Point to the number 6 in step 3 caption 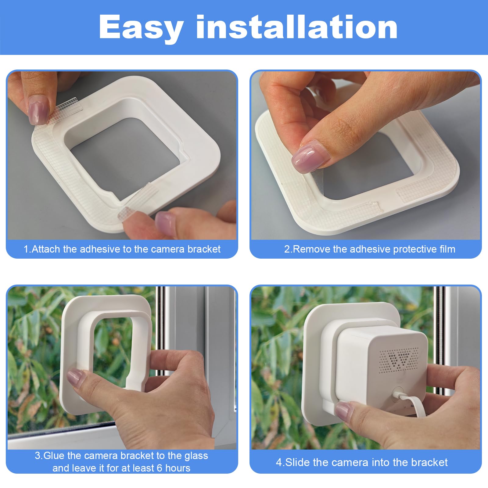(x=160, y=468)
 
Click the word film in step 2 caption (x=447, y=249)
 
